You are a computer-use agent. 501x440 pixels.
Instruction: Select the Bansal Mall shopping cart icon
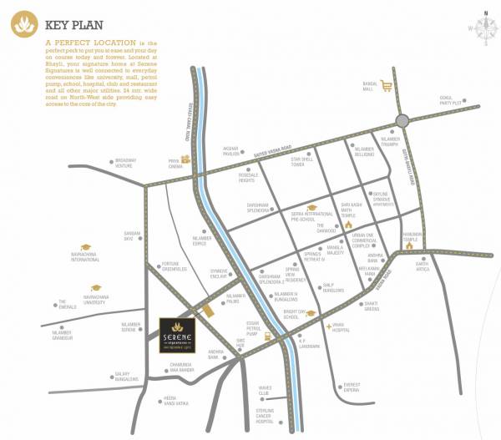pos(387,85)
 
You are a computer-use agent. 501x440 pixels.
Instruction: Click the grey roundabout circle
pos(403,120)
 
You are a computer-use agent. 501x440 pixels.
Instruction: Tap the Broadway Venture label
pos(125,163)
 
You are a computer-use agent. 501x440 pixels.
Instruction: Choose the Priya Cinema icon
pos(186,159)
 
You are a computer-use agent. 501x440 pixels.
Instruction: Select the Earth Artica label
pos(423,266)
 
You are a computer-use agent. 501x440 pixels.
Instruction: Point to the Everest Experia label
pos(351,387)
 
